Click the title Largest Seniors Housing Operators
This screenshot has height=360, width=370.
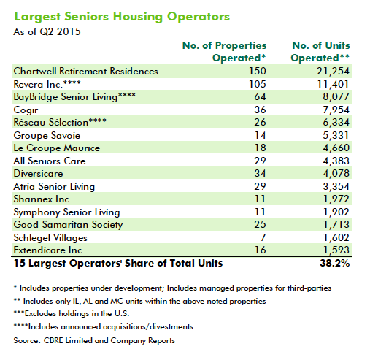(122, 17)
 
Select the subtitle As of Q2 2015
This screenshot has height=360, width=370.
(47, 32)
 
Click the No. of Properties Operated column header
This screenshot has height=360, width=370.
(224, 52)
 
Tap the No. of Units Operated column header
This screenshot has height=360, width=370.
(320, 52)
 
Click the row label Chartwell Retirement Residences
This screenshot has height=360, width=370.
(86, 72)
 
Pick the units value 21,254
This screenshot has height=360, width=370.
(333, 72)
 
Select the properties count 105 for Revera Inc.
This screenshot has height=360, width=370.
(258, 84)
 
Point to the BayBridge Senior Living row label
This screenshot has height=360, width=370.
(74, 97)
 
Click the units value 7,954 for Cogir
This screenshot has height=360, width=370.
(336, 110)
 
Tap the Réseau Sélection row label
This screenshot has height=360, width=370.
(60, 122)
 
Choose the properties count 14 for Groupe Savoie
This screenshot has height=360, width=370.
(260, 135)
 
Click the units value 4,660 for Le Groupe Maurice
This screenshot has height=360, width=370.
(336, 148)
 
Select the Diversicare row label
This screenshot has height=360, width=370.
(38, 174)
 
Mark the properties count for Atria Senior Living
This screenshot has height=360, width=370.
(260, 186)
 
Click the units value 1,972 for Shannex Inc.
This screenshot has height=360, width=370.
(336, 199)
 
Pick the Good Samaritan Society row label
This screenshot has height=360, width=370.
(68, 225)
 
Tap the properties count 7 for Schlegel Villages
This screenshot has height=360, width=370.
(263, 237)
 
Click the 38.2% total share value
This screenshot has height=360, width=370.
(334, 263)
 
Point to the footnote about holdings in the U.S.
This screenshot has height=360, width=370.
(72, 313)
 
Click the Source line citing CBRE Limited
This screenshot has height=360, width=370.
(94, 340)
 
